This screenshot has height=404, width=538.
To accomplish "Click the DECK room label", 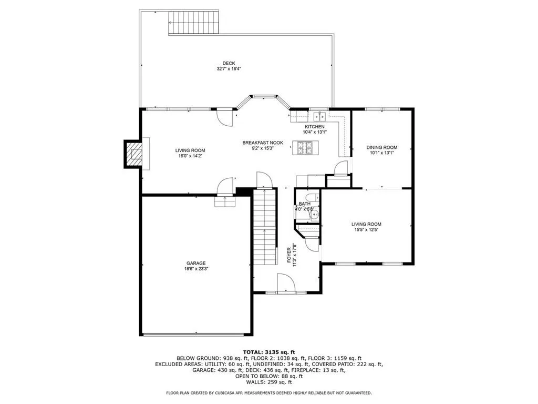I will (229, 63).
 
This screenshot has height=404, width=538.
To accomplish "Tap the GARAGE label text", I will (195, 263).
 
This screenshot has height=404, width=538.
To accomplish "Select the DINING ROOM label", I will (381, 147).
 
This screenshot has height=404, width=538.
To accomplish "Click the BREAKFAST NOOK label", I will (263, 143).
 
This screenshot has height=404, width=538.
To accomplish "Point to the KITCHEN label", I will (315, 127).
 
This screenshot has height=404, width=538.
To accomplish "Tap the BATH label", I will (305, 204).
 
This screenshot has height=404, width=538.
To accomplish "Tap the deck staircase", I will (193, 23).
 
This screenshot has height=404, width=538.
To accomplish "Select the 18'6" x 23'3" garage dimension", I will (195, 269).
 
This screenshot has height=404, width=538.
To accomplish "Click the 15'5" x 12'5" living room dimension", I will (366, 229).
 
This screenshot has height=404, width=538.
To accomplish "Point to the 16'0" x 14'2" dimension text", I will (190, 156).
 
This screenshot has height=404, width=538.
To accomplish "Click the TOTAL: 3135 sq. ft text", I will (269, 352).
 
